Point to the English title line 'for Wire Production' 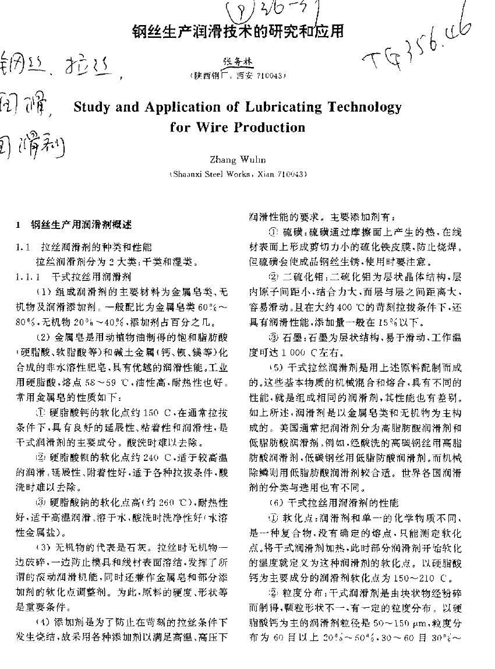point(238,127)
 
